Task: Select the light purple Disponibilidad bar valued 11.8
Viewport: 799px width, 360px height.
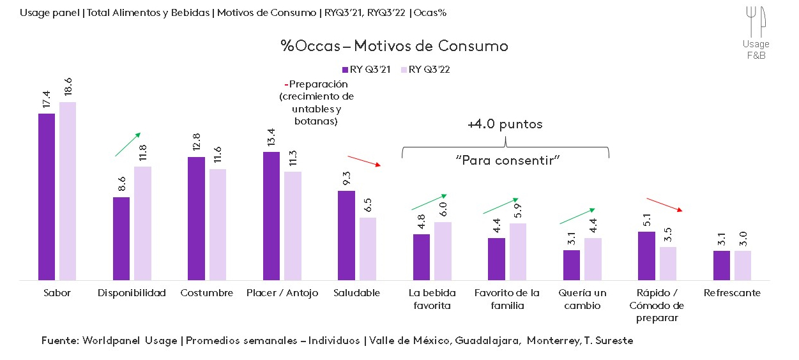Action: pos(143,223)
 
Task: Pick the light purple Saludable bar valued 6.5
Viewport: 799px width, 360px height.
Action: pos(368,248)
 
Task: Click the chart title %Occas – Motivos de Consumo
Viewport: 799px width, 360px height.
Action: pos(394,46)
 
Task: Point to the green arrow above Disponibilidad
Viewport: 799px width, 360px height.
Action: pos(127,145)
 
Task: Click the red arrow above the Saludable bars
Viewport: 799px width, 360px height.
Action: pos(364,161)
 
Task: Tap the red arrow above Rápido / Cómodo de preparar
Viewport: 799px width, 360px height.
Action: pos(665,204)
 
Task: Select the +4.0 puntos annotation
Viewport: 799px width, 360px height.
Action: pos(505,124)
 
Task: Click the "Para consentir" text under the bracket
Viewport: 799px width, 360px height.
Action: pos(508,160)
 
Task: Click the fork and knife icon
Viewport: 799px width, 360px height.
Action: pos(756,22)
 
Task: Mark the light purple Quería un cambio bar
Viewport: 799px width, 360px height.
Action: pos(593,259)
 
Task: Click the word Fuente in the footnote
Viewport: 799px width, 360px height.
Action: pos(59,340)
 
